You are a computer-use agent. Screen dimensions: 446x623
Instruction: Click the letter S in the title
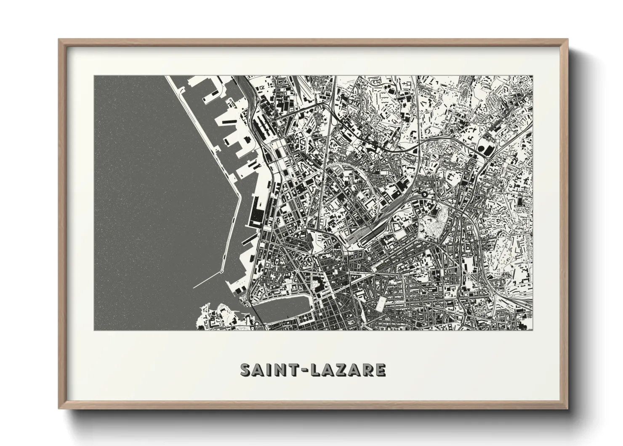(x=245, y=370)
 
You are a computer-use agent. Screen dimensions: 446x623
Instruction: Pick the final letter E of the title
(x=381, y=370)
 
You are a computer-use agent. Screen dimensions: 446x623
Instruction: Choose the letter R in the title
(x=369, y=370)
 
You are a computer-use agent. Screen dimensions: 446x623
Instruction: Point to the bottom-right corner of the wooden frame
(x=568, y=408)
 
